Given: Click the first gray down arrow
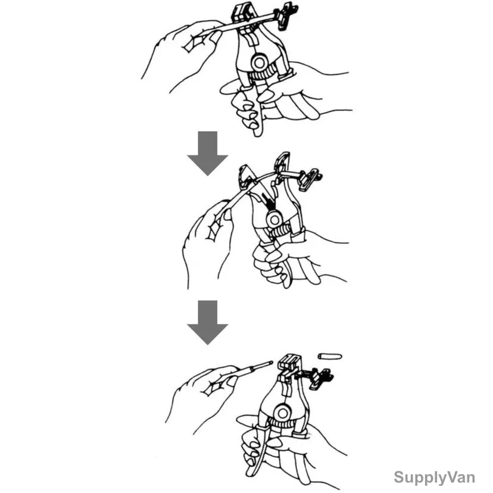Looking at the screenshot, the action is tap(208, 154).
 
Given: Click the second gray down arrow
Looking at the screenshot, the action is tap(208, 323).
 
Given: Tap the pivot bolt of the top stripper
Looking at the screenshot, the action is tap(260, 63).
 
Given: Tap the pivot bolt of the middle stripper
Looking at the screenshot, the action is tap(274, 220).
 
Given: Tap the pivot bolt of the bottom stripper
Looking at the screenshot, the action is tap(282, 413).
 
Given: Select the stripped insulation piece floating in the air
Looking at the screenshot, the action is tap(330, 357).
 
